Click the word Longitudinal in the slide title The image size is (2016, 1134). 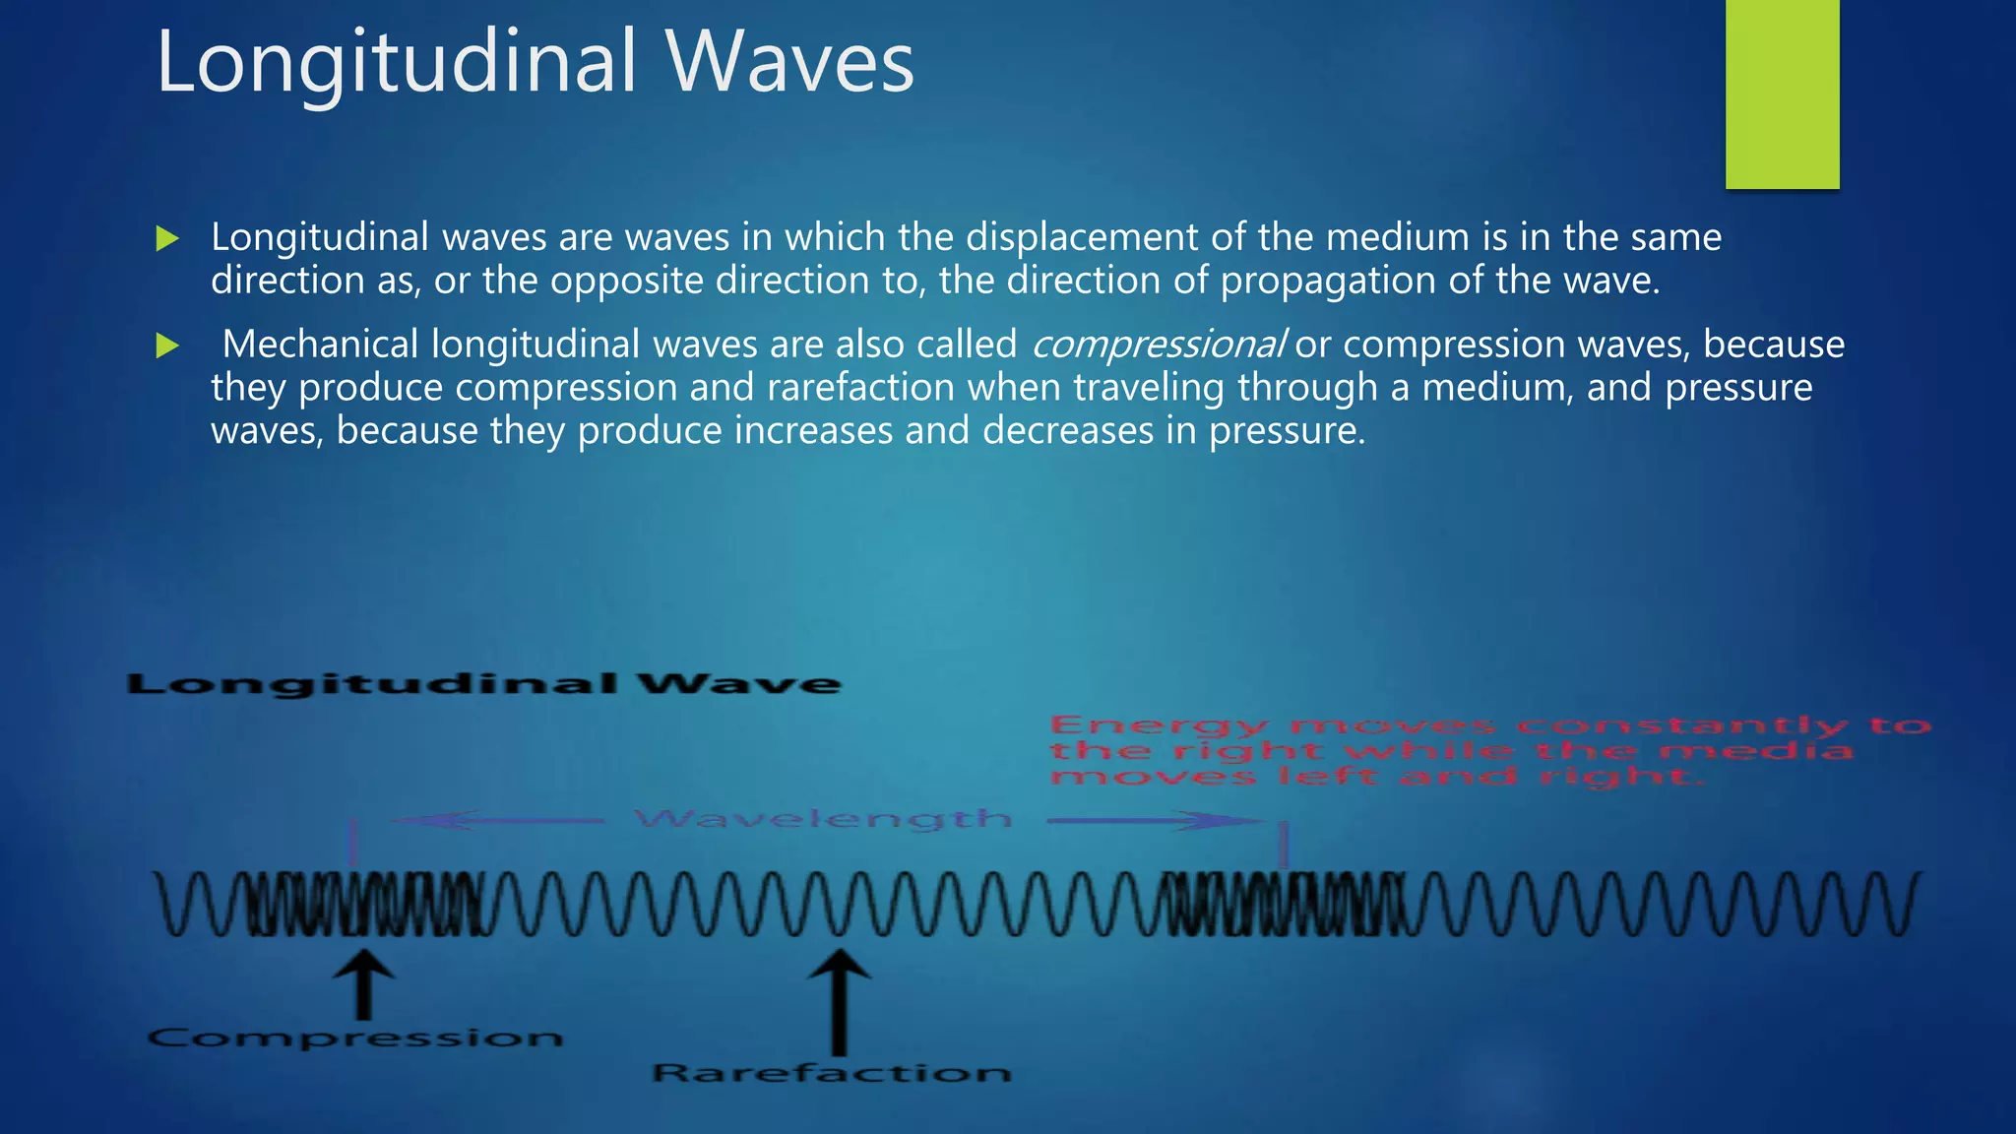397,62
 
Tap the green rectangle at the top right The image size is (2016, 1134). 1782,94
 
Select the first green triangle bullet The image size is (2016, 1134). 167,238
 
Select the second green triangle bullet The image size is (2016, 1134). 167,346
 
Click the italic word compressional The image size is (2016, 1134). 1158,345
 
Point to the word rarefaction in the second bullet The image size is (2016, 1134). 860,387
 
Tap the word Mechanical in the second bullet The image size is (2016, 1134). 321,345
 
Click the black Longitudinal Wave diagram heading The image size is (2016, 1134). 484,684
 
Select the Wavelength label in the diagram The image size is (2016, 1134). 823,819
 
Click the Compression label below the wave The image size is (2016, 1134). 355,1038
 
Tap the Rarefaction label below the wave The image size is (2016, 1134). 832,1072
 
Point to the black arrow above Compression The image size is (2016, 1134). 364,983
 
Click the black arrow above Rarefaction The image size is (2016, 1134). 839,999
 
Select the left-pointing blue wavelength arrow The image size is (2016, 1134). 497,820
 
